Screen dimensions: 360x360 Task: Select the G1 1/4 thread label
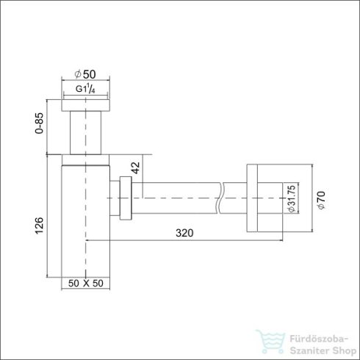pyautogui.click(x=87, y=90)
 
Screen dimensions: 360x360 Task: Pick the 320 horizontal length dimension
pyautogui.click(x=185, y=233)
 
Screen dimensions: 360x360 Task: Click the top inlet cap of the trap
pyautogui.click(x=86, y=104)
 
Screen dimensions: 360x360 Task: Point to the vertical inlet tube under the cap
pyautogui.click(x=86, y=132)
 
